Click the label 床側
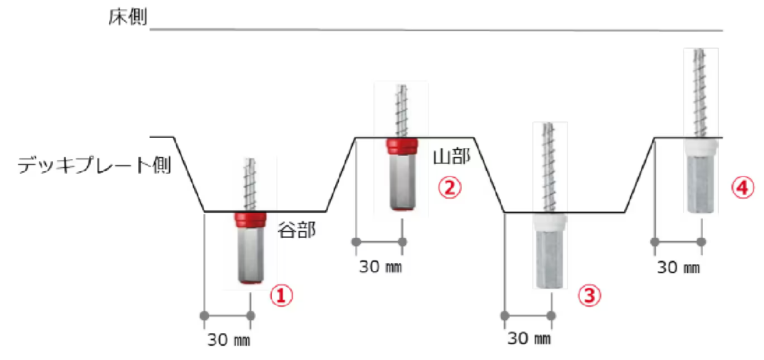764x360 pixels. click(x=128, y=17)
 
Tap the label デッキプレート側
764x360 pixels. click(x=94, y=165)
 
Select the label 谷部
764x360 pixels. click(x=297, y=229)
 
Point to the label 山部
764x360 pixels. click(x=452, y=157)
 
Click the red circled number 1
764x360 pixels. click(x=281, y=295)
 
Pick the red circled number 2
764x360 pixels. click(x=449, y=187)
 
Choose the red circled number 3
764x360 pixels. click(x=590, y=295)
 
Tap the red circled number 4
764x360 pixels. click(x=743, y=187)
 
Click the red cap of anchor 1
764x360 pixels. click(x=250, y=220)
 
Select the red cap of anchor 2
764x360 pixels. click(x=402, y=146)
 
